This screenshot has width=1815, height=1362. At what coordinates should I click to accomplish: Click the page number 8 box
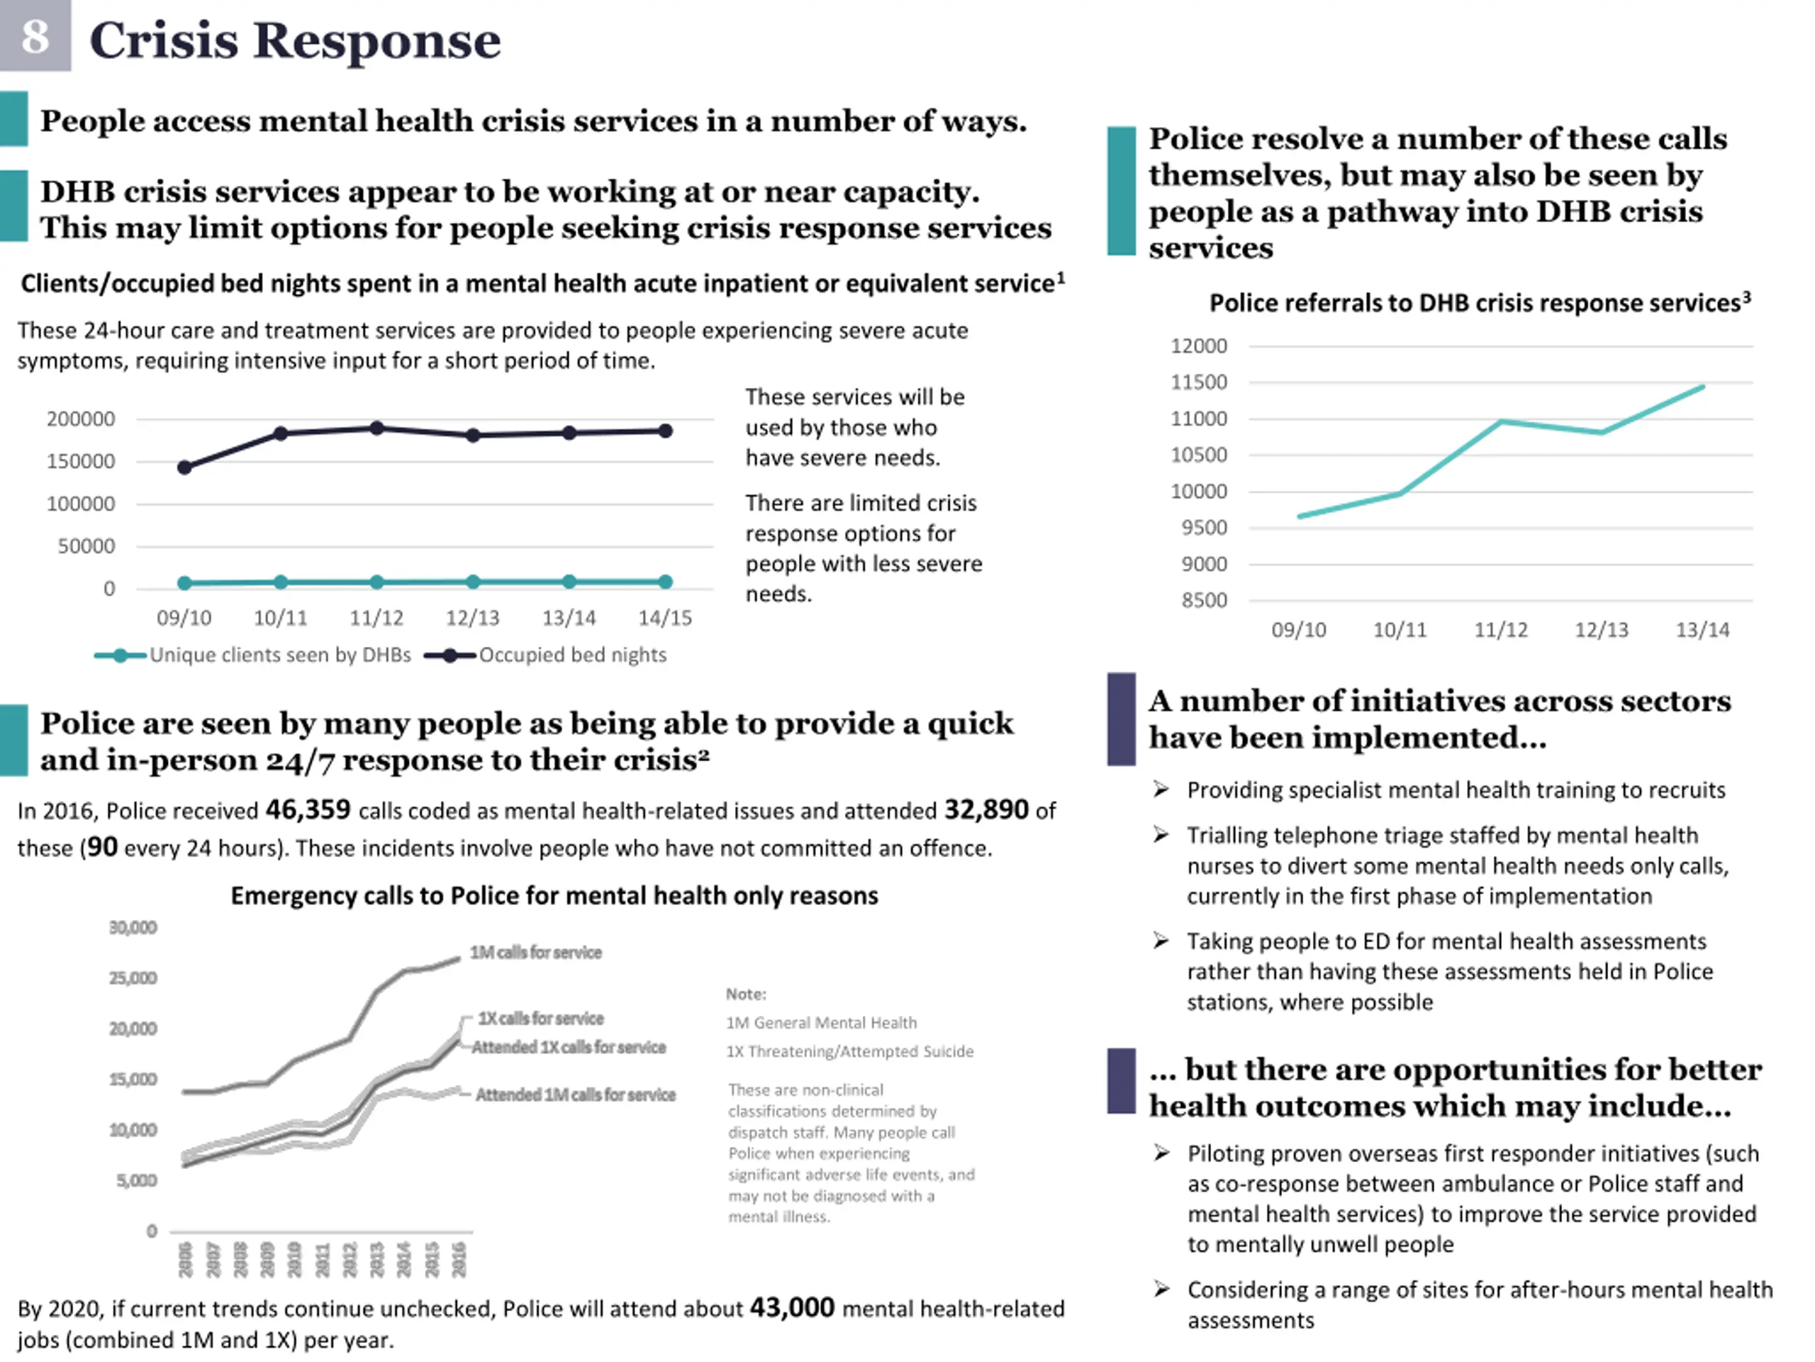[35, 35]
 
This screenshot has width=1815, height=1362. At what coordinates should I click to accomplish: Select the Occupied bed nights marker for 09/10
[184, 467]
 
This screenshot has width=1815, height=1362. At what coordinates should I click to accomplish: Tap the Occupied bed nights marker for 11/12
[376, 428]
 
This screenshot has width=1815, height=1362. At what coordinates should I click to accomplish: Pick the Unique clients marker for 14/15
[666, 581]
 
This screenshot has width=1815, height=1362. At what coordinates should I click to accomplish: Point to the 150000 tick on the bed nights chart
[80, 461]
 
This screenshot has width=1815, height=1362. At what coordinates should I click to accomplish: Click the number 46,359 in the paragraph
[308, 810]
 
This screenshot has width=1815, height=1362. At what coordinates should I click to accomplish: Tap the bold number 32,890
[985, 810]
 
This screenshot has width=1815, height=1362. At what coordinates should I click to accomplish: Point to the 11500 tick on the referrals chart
[1199, 382]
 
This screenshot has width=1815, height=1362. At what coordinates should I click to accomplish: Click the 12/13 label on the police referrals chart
[1602, 630]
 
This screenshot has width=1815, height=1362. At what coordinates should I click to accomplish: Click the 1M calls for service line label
[536, 952]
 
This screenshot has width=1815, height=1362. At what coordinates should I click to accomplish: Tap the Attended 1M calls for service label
[575, 1095]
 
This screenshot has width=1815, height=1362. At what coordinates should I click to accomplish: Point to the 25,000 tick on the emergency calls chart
[133, 978]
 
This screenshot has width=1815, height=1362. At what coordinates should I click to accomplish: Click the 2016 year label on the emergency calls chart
[459, 1259]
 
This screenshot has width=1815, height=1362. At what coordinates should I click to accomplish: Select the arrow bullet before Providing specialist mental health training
[1160, 790]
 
